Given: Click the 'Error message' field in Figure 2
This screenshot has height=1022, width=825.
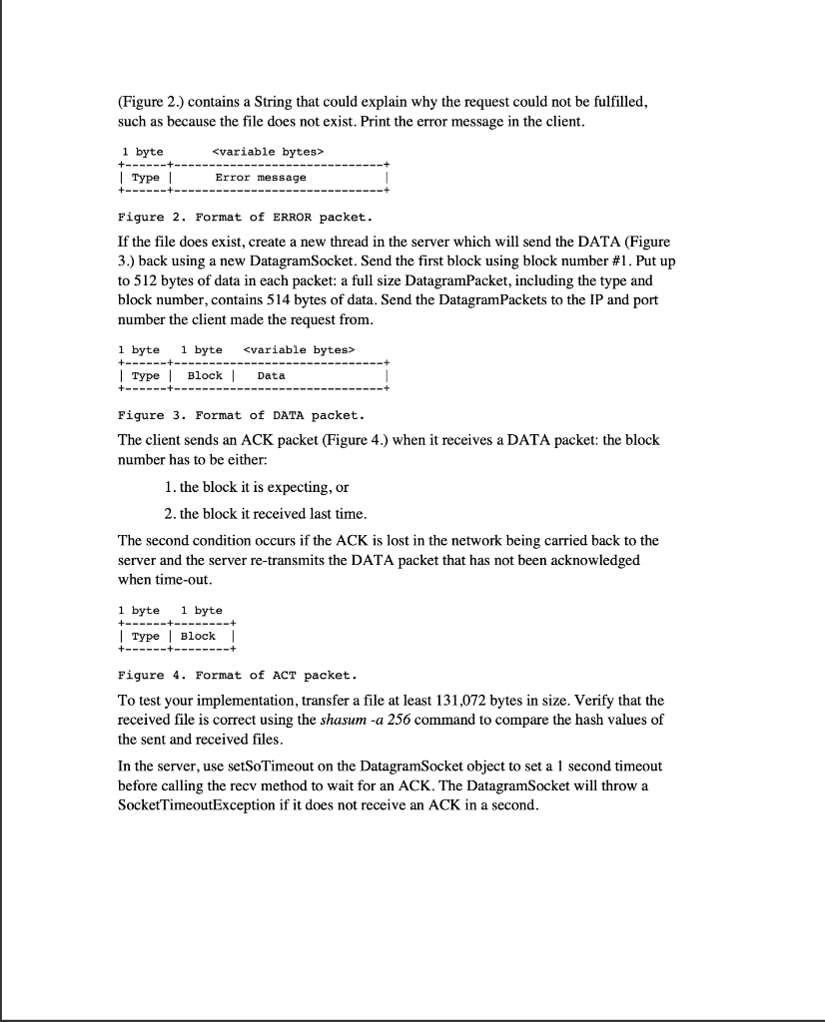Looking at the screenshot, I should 261,177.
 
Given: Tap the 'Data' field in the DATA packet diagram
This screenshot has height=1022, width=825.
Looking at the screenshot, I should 271,375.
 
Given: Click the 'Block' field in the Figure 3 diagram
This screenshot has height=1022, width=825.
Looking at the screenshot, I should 205,375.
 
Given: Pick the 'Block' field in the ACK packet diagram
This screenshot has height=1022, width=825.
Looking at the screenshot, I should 198,636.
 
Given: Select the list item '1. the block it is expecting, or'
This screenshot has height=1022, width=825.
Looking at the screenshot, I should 255,487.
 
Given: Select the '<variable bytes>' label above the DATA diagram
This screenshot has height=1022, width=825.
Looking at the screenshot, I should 299,349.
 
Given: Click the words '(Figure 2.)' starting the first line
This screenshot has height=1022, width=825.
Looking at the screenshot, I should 151,103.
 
